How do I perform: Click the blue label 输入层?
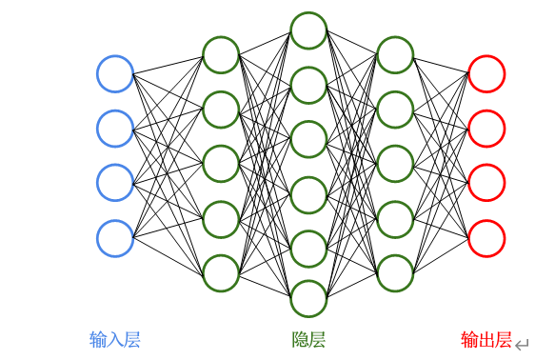[x=115, y=340]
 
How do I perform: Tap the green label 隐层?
[x=308, y=340]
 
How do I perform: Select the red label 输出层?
[x=486, y=340]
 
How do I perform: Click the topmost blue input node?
[x=115, y=73]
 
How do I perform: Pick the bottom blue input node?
[x=115, y=238]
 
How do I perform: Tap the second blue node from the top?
[x=115, y=128]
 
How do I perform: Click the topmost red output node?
[x=486, y=73]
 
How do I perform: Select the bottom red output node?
[x=486, y=238]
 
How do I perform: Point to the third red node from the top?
[x=486, y=183]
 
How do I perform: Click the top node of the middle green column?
[x=309, y=30]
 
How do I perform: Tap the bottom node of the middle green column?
[x=309, y=299]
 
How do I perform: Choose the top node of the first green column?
[x=221, y=54]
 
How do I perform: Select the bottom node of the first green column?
[x=221, y=273]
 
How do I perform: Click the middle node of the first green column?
[x=221, y=163]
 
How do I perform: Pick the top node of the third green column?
[x=396, y=54]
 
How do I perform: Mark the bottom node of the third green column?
[x=396, y=273]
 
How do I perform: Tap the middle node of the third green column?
[x=396, y=163]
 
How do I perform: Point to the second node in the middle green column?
[x=309, y=85]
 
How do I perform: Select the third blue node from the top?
[x=115, y=183]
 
